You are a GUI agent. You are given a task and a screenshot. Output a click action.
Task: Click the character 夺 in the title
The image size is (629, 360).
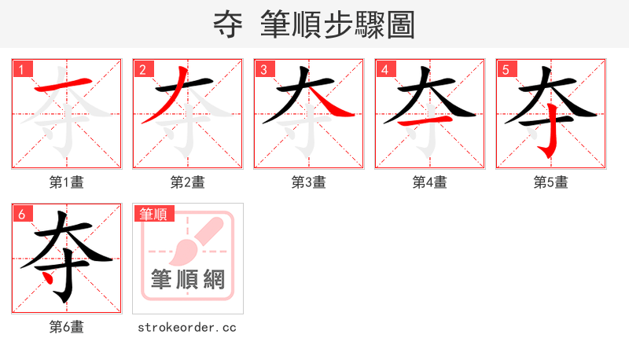(228, 25)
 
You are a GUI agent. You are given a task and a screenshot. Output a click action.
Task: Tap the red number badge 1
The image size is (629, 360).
(21, 69)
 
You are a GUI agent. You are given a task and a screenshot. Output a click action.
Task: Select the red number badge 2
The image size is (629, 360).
(142, 69)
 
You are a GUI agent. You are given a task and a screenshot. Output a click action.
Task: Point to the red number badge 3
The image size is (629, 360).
(263, 69)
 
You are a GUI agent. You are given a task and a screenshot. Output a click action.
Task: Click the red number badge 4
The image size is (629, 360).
(384, 69)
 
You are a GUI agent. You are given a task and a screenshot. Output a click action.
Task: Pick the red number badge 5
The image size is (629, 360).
(506, 69)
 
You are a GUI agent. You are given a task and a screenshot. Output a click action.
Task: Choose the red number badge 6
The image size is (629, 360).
(21, 214)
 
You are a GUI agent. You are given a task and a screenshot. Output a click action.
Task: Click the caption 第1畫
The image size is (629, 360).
(67, 182)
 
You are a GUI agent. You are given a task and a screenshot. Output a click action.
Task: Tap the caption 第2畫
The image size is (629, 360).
(188, 182)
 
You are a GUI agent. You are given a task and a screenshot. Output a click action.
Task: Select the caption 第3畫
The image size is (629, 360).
(309, 182)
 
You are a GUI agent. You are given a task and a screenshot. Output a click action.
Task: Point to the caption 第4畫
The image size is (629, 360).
(430, 182)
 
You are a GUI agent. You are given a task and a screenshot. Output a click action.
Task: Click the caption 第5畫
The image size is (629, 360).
(551, 182)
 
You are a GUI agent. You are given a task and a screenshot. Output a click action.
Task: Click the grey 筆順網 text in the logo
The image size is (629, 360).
(188, 279)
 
